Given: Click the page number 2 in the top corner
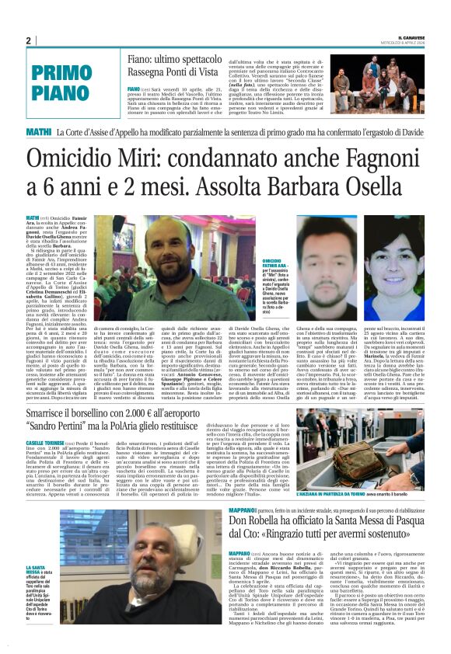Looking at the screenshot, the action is tap(28, 40).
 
